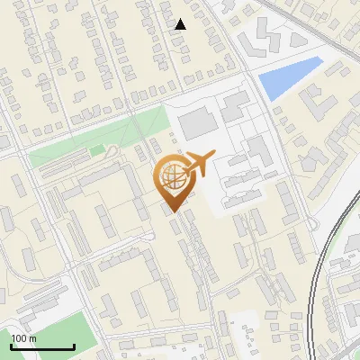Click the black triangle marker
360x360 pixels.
(181, 24)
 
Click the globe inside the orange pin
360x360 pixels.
(171, 176)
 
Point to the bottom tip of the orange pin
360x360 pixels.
(171, 211)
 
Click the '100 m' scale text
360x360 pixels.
(23, 338)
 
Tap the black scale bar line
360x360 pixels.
(41, 346)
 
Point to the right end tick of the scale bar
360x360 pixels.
(73, 346)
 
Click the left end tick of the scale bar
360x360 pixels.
(11, 346)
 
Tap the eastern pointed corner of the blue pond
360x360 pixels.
(321, 59)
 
